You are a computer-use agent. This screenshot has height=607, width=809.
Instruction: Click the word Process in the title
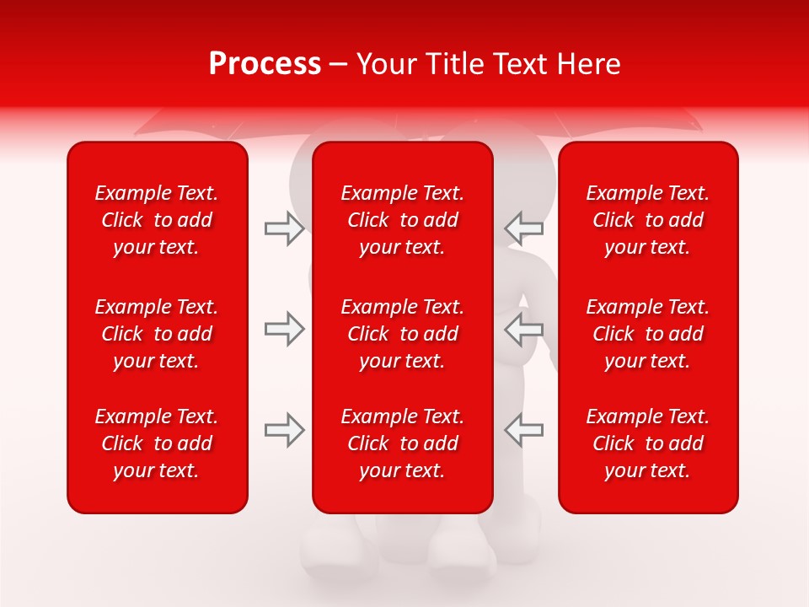click(x=265, y=64)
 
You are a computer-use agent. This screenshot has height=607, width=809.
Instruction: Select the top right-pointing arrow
click(x=285, y=228)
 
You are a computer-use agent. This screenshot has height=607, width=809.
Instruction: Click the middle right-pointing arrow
click(x=285, y=329)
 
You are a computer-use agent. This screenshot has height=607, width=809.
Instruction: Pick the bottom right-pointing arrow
click(x=285, y=430)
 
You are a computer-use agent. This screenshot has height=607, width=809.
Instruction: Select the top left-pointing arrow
click(x=523, y=228)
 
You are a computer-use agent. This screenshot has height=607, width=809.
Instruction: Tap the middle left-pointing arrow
click(x=523, y=329)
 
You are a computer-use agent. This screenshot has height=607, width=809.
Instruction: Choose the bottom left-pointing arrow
click(x=523, y=430)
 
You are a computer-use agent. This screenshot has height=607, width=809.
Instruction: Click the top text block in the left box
click(x=157, y=220)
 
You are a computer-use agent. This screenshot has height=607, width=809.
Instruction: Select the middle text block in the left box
click(x=157, y=334)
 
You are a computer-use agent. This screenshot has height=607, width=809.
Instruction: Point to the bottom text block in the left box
click(x=157, y=443)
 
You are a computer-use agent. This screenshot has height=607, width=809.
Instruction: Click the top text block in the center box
click(x=403, y=220)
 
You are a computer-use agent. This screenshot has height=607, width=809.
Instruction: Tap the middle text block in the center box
click(x=403, y=334)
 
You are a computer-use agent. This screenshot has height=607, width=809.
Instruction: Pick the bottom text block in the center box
click(x=403, y=443)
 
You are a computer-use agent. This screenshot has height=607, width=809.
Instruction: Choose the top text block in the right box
click(x=648, y=220)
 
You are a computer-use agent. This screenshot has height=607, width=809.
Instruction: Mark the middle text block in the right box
click(x=648, y=334)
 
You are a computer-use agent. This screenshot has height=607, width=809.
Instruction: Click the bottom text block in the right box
click(x=648, y=443)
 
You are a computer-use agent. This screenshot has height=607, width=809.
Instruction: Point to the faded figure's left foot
click(x=337, y=552)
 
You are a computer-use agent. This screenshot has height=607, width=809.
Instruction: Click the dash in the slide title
click(x=339, y=65)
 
